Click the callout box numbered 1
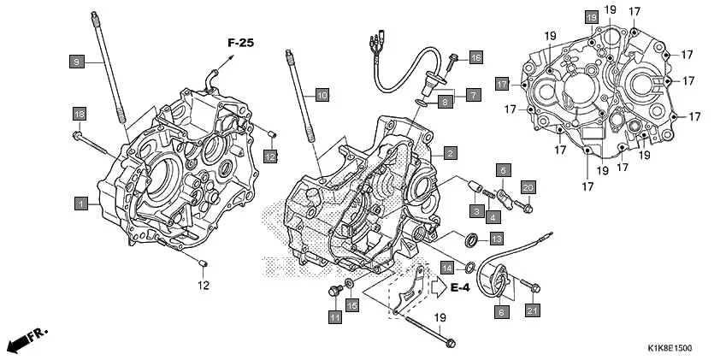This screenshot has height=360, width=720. pyautogui.click(x=80, y=204)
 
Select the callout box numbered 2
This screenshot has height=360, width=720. pyautogui.click(x=449, y=153)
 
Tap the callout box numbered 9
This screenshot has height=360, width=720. pyautogui.click(x=76, y=61)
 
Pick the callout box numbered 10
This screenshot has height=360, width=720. pyautogui.click(x=321, y=94)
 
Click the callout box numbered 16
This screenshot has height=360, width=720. pyautogui.click(x=475, y=57)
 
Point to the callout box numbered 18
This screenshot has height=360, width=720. pyautogui.click(x=79, y=115)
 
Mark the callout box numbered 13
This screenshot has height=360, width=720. pyautogui.click(x=496, y=239)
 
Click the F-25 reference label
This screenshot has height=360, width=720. pyautogui.click(x=242, y=42)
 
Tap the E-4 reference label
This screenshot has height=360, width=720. pyautogui.click(x=460, y=287)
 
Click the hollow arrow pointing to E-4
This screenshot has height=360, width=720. pyautogui.click(x=439, y=287)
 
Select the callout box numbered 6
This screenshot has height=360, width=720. pyautogui.click(x=500, y=313)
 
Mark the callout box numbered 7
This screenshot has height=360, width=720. pyautogui.click(x=472, y=94)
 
